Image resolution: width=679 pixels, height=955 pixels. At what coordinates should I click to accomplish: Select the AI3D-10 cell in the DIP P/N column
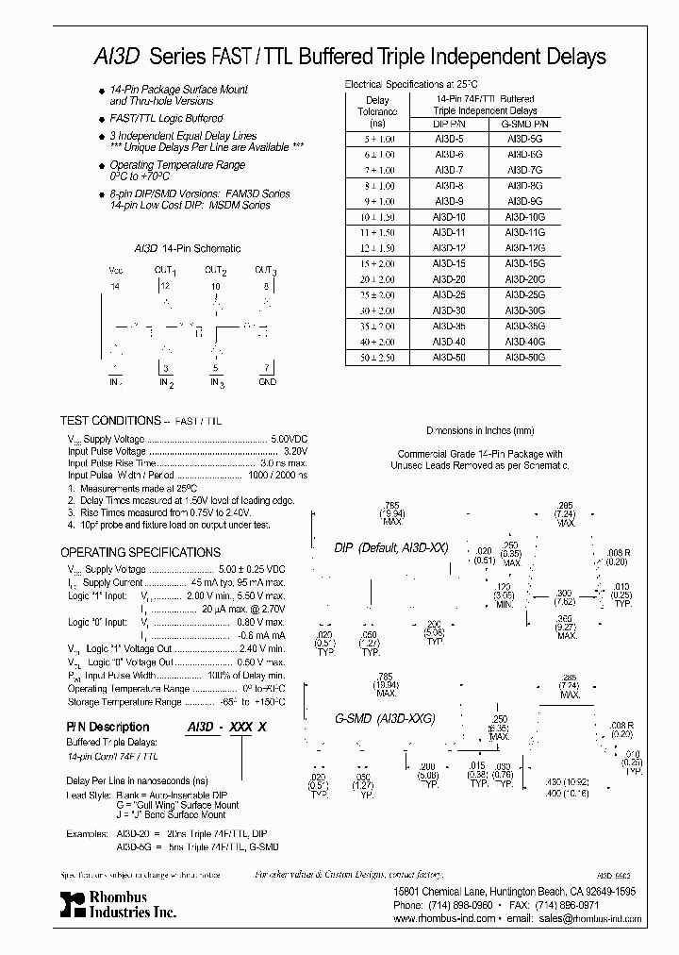point(447,217)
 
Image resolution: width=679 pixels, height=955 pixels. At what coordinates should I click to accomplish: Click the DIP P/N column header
point(447,124)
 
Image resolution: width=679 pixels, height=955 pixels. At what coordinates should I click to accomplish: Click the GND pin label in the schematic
point(267,382)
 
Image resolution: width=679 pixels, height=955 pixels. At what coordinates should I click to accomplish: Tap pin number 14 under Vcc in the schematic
point(116,284)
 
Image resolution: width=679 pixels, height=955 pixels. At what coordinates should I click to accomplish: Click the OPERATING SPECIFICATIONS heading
point(140,552)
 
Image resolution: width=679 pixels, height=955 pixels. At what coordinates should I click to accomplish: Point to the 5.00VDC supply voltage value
point(290,440)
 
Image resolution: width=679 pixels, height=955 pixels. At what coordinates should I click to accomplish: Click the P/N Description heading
point(107,727)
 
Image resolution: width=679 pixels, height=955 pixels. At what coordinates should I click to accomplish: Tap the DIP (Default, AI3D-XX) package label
point(391,548)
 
